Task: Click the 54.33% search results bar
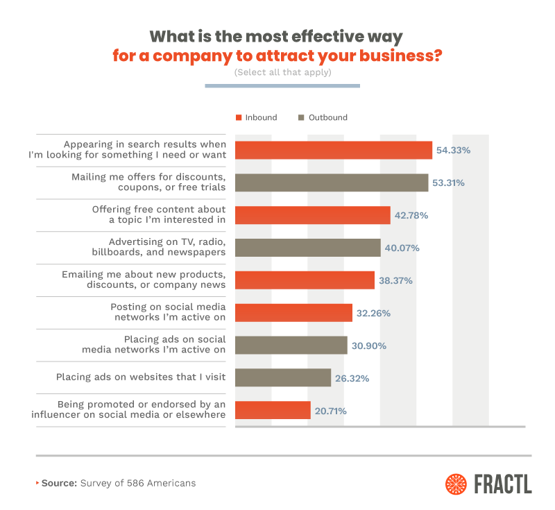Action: pyautogui.click(x=334, y=150)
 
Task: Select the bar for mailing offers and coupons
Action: pyautogui.click(x=332, y=182)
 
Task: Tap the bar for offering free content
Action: pyautogui.click(x=313, y=215)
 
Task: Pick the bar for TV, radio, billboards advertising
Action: pyautogui.click(x=308, y=248)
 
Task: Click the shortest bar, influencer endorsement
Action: pyautogui.click(x=273, y=410)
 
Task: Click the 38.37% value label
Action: pyautogui.click(x=396, y=280)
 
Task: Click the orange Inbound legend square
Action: pyautogui.click(x=238, y=117)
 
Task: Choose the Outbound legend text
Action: pyautogui.click(x=327, y=117)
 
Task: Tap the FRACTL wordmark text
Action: pyautogui.click(x=504, y=484)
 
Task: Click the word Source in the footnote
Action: pyautogui.click(x=59, y=483)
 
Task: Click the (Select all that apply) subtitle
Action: pyautogui.click(x=282, y=71)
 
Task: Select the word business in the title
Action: pyautogui.click(x=396, y=56)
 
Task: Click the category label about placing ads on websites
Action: pyautogui.click(x=141, y=377)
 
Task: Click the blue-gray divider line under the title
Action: pyautogui.click(x=282, y=86)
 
